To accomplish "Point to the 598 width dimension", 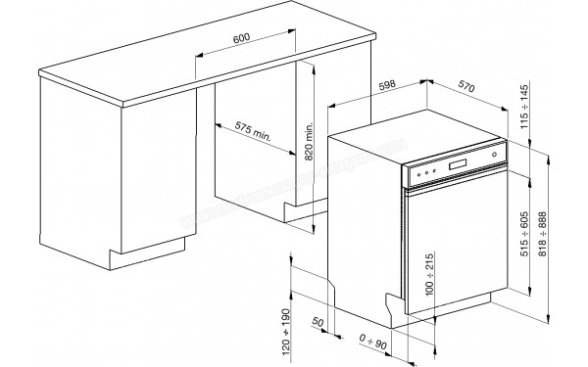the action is [389, 92].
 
